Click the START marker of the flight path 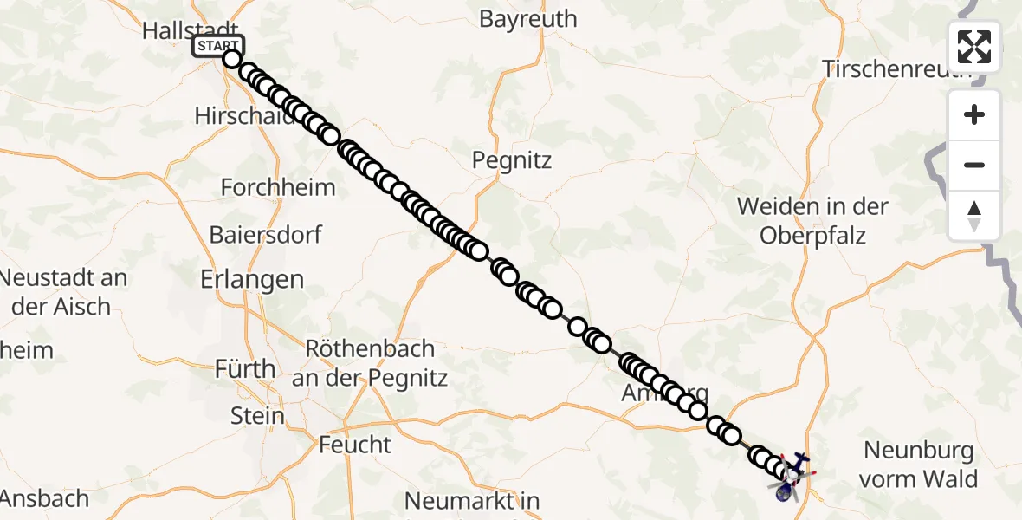[217, 46]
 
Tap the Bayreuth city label [527, 19]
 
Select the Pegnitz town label [512, 160]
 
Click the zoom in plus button [974, 115]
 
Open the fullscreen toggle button [974, 47]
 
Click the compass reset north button [974, 216]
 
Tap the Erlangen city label [252, 280]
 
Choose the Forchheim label [266, 187]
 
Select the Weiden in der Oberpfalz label [812, 220]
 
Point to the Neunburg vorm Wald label [919, 465]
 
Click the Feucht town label [355, 445]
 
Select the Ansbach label [45, 499]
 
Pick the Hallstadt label [189, 30]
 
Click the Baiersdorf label [266, 235]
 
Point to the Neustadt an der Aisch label [63, 292]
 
